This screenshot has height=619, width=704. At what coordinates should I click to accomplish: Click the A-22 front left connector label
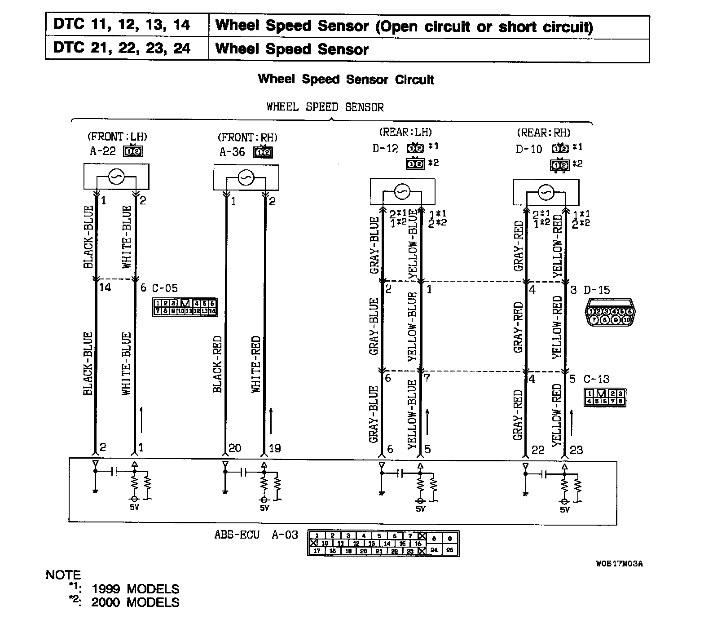pos(102,151)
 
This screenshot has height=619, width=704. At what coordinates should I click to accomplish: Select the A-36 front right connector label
pos(232,152)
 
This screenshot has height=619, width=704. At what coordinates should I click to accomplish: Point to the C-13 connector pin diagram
pos(605,397)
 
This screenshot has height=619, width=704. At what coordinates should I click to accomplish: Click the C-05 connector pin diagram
pos(185,307)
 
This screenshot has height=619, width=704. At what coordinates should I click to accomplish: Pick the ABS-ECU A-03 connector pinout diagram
pos(383,543)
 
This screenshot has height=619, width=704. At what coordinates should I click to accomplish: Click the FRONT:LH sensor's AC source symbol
pos(116,178)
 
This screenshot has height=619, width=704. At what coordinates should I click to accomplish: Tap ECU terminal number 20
pos(234,448)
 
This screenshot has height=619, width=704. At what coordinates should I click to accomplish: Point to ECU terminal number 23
pos(576,450)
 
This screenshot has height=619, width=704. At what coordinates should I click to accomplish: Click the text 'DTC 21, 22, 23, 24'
pos(122,48)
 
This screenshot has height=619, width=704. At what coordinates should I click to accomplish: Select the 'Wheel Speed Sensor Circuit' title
pos(346,80)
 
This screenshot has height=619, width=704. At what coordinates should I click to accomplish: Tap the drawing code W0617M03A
pos(619,564)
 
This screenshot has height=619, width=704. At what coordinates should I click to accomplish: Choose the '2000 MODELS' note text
pos(135,602)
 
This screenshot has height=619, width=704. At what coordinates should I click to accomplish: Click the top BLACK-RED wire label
pos(218,364)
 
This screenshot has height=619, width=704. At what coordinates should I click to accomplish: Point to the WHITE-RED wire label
pos(256,364)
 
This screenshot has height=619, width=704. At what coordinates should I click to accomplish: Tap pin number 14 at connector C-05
pos(105,287)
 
